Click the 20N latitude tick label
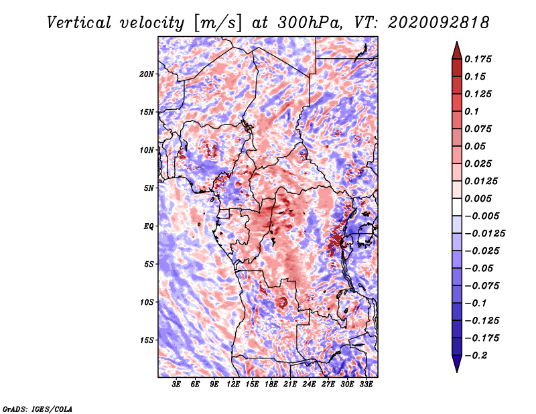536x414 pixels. point(147,74)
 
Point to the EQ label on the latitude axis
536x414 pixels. point(148,226)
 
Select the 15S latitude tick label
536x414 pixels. point(147,340)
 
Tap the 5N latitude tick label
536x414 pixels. point(149,188)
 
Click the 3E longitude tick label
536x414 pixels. point(176,385)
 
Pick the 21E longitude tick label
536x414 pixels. point(290,385)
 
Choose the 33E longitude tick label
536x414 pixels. point(366,385)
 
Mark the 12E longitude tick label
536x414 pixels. point(233,385)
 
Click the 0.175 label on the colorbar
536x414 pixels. point(478,59)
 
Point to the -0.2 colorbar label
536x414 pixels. point(476,356)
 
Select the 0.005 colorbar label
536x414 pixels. point(478,198)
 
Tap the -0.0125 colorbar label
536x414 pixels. point(484,234)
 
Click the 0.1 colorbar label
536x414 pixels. point(472,111)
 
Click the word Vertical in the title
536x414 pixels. point(79,23)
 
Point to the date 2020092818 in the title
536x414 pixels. point(438,23)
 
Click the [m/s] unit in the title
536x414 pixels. point(218,23)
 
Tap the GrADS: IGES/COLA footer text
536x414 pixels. point(38,409)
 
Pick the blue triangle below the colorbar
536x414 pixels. point(457,364)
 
